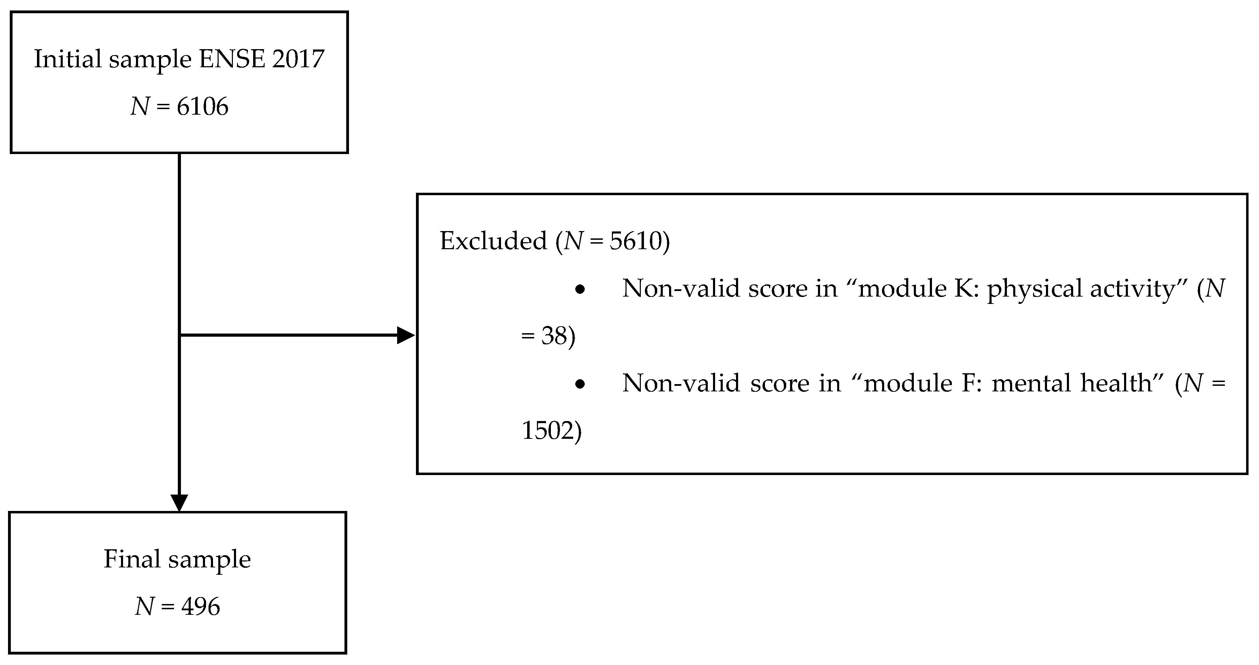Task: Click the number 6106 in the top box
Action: (x=202, y=107)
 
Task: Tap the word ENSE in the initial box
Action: (x=232, y=59)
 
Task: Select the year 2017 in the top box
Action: (x=298, y=59)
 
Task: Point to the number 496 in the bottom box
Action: (x=201, y=607)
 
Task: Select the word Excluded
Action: (x=493, y=241)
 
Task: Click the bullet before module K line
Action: (x=580, y=290)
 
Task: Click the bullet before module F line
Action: (x=580, y=384)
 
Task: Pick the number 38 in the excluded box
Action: (x=554, y=336)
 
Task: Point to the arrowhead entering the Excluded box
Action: (x=405, y=335)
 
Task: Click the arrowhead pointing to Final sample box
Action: (x=179, y=502)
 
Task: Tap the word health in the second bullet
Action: (x=1122, y=383)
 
